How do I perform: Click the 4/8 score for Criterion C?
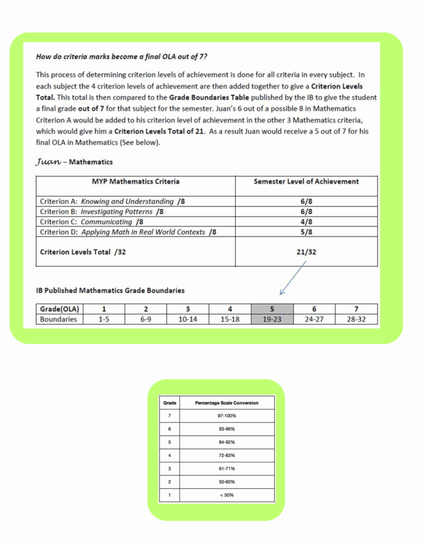(306, 222)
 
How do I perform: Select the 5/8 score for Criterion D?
(306, 232)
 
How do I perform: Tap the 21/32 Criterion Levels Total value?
(306, 252)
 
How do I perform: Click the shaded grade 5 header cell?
(272, 309)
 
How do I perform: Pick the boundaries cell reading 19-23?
(272, 319)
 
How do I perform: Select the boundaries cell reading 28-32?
(356, 319)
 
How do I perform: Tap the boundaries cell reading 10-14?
(188, 319)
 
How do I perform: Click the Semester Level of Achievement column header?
(306, 181)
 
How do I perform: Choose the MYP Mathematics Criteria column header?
(136, 181)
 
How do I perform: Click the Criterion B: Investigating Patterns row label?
(101, 212)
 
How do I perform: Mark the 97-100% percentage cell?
(227, 416)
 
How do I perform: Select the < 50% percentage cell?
(227, 495)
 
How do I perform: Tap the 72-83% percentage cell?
(227, 455)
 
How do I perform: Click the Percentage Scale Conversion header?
(227, 403)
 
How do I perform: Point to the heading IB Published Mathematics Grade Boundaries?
(110, 291)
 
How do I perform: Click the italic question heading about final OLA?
(122, 56)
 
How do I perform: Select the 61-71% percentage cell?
(227, 469)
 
